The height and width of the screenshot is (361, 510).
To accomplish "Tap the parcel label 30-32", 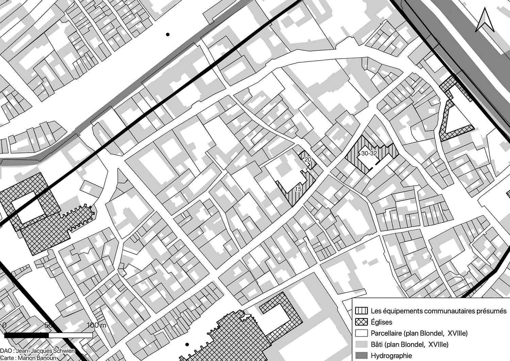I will pyautogui.click(x=369, y=153).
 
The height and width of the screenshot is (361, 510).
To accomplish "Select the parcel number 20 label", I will pyautogui.click(x=308, y=160).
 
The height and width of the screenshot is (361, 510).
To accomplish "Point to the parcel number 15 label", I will pyautogui.click(x=298, y=189).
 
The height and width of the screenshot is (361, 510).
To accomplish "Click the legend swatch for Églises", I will pyautogui.click(x=361, y=322).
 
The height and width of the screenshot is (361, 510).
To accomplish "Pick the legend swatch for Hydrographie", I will pyautogui.click(x=361, y=356).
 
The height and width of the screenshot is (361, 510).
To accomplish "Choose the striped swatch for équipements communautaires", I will pyautogui.click(x=361, y=311).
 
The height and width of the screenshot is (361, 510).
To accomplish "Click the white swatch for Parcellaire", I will pyautogui.click(x=361, y=333).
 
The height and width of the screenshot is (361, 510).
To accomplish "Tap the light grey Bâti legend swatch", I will pyautogui.click(x=361, y=344).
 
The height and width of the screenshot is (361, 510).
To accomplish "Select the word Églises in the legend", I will pyautogui.click(x=381, y=322).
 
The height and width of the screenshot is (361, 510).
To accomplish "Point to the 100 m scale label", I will pyautogui.click(x=97, y=325).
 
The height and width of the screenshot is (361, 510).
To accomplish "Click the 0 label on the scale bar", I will pyautogui.click(x=4, y=325).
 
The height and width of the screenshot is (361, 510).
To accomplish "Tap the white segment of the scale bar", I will pyautogui.click(x=70, y=335).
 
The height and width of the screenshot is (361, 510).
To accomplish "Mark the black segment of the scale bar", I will pyautogui.click(x=27, y=335).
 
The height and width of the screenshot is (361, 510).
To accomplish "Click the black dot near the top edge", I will pyautogui.click(x=167, y=34).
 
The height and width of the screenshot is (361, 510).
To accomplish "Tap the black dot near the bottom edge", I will pyautogui.click(x=186, y=345).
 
